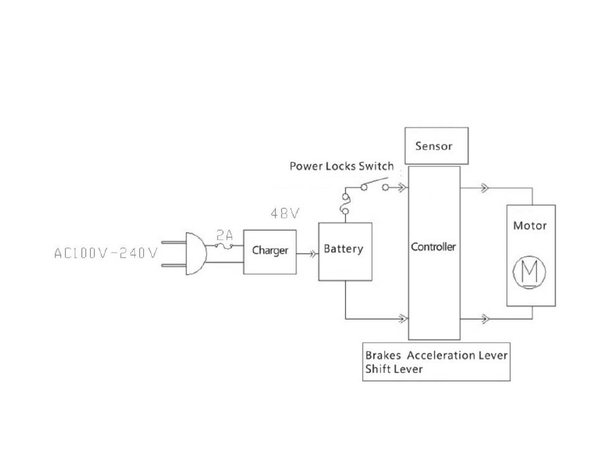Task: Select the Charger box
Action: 269,251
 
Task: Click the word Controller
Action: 434,247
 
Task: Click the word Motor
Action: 530,225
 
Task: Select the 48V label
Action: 285,214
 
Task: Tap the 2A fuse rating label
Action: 225,235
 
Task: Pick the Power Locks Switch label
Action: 342,166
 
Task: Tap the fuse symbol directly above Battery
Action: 345,205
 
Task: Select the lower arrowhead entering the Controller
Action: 403,318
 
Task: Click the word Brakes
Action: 383,356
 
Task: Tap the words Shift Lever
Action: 394,370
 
